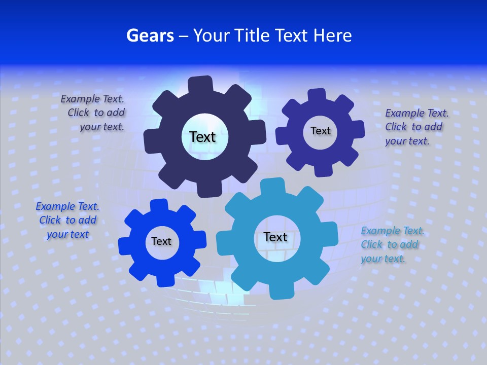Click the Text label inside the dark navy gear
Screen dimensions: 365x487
[202, 137]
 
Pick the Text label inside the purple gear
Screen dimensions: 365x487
[320, 131]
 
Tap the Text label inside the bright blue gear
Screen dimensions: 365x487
[161, 241]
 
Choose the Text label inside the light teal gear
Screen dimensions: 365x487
[275, 237]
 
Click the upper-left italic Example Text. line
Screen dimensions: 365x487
[92, 99]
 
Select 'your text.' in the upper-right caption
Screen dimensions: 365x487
[407, 141]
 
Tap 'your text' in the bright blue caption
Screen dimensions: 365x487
[67, 234]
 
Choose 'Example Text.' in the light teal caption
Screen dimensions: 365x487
[392, 231]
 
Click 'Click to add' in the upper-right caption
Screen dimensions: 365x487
[413, 127]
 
